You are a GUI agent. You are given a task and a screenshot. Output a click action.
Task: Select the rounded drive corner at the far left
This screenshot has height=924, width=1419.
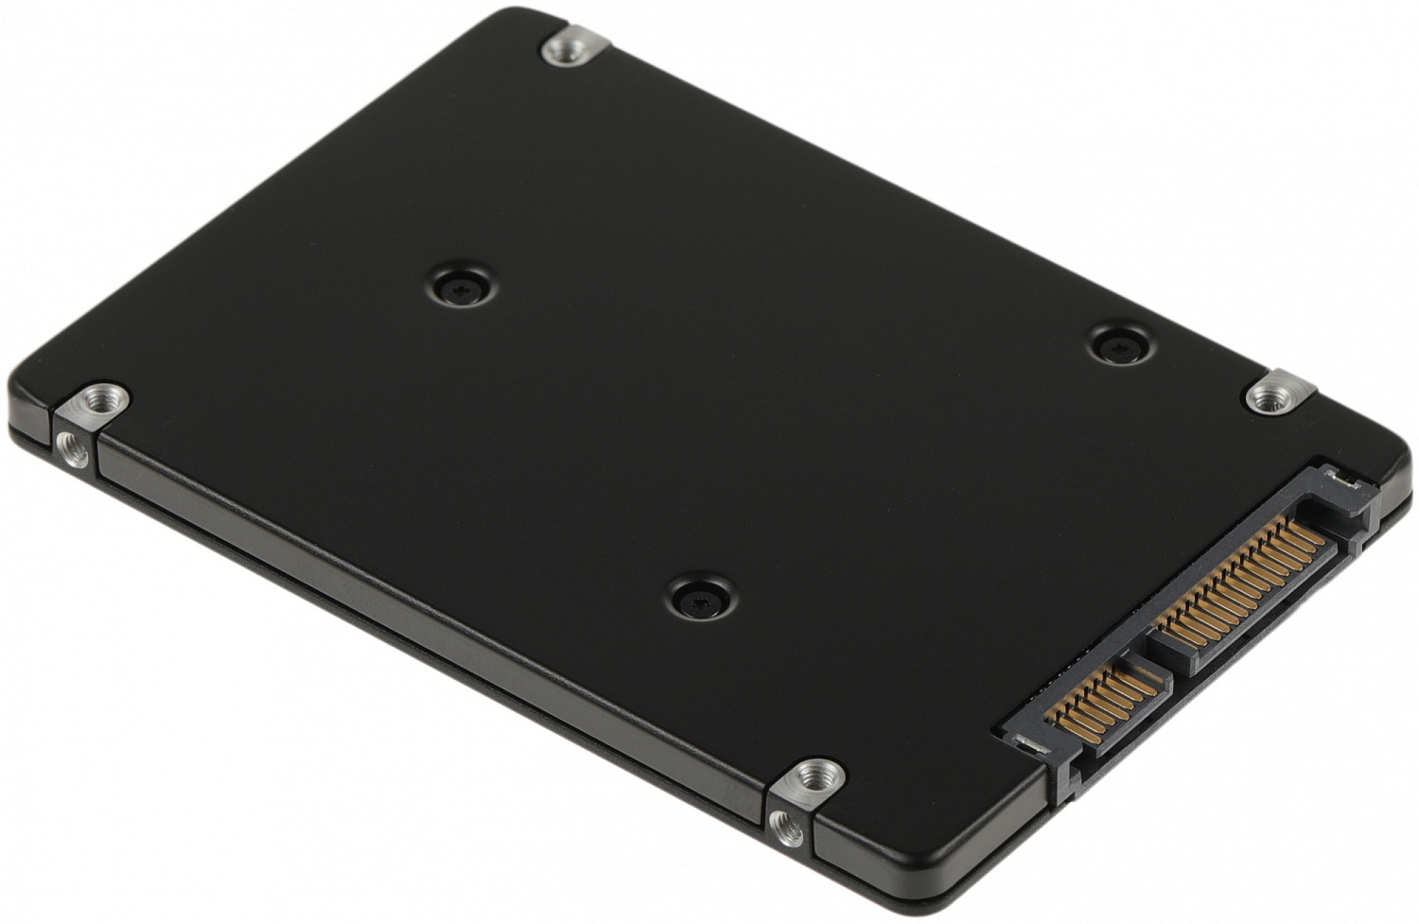(x=24, y=407)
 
